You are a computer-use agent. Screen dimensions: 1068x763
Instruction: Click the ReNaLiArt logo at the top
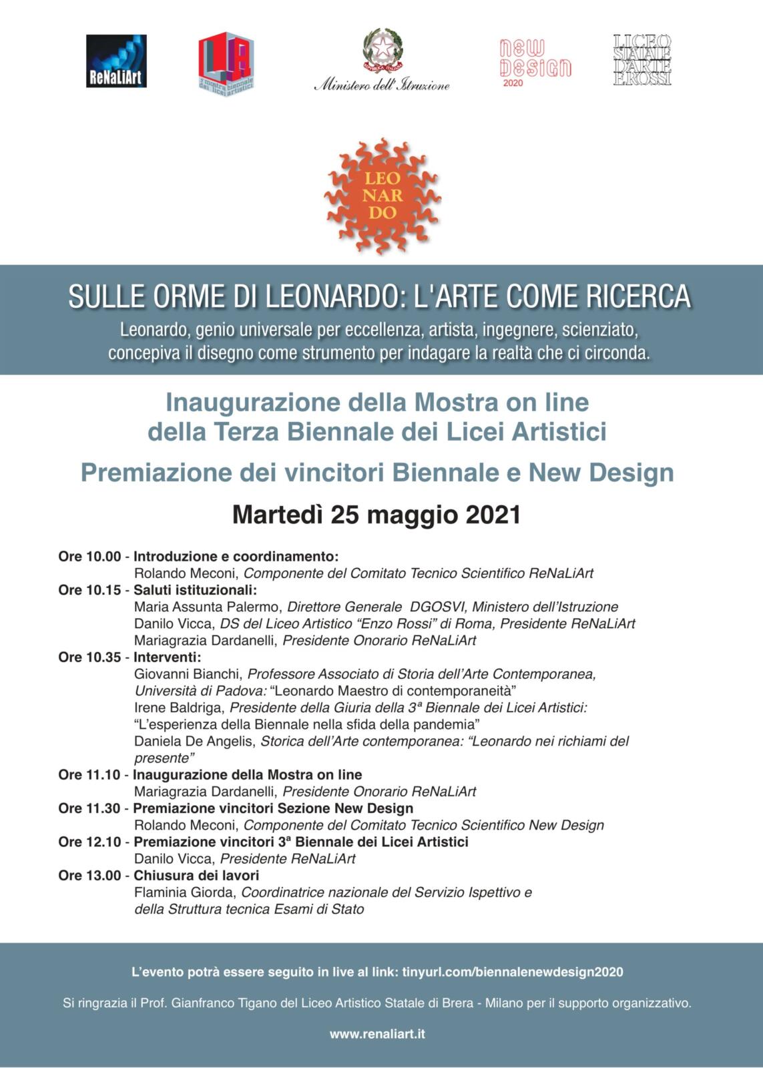[116, 61]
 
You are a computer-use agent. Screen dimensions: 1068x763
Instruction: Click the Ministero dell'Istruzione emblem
[383, 51]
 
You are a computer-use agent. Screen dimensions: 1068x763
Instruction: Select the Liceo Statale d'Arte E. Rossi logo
[642, 60]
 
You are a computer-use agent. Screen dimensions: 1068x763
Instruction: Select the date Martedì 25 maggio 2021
[376, 515]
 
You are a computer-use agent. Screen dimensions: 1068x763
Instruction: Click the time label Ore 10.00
[89, 557]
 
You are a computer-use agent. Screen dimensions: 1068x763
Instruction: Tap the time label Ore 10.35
[89, 657]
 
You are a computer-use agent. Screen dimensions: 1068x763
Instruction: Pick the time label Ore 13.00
[89, 875]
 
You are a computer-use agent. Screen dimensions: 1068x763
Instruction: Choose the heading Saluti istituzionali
[195, 591]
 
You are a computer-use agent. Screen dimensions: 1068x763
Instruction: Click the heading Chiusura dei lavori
[196, 875]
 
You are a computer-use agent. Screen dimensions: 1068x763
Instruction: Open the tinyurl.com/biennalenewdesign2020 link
[513, 972]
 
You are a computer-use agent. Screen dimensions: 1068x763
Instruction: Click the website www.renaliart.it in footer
[377, 1034]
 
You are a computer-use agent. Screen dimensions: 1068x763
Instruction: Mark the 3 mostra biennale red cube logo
[226, 63]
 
